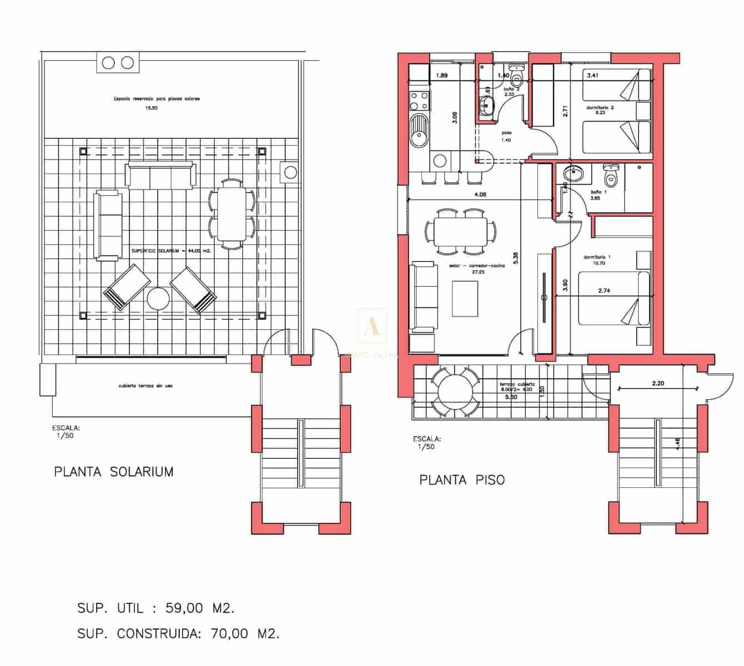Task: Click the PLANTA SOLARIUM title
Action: click(x=114, y=472)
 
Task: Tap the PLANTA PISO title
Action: click(x=462, y=480)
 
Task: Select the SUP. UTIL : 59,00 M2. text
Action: click(x=156, y=608)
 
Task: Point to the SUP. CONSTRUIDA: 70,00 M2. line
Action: click(x=178, y=633)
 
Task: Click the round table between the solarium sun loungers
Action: click(x=158, y=299)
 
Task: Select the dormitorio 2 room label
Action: click(x=599, y=108)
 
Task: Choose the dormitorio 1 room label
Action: click(x=597, y=257)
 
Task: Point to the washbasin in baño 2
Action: click(x=487, y=104)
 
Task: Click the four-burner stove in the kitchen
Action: click(x=419, y=100)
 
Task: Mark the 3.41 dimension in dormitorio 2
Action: click(x=592, y=75)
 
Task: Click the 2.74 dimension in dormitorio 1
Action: click(x=604, y=290)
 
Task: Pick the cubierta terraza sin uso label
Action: click(x=145, y=385)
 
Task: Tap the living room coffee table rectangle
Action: click(x=465, y=299)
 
